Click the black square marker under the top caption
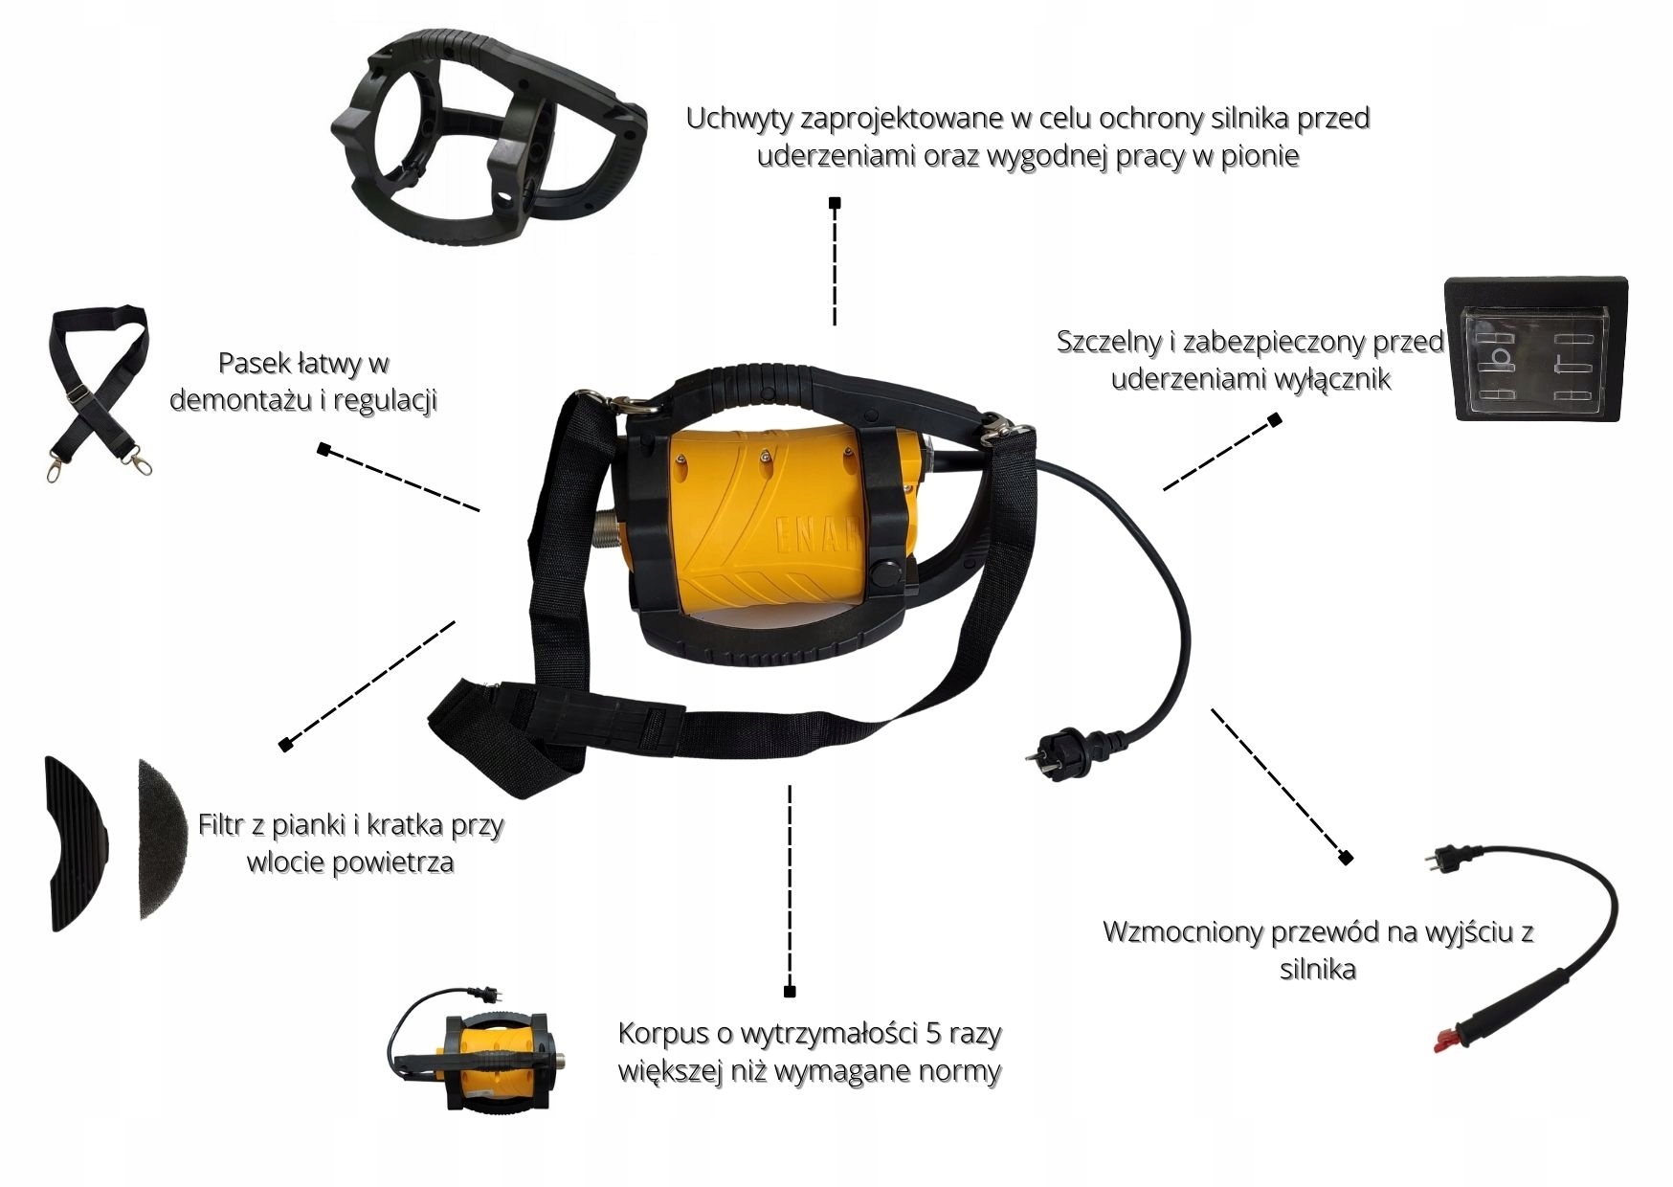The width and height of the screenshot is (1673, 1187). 835,203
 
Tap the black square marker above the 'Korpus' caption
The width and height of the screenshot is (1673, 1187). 790,991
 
